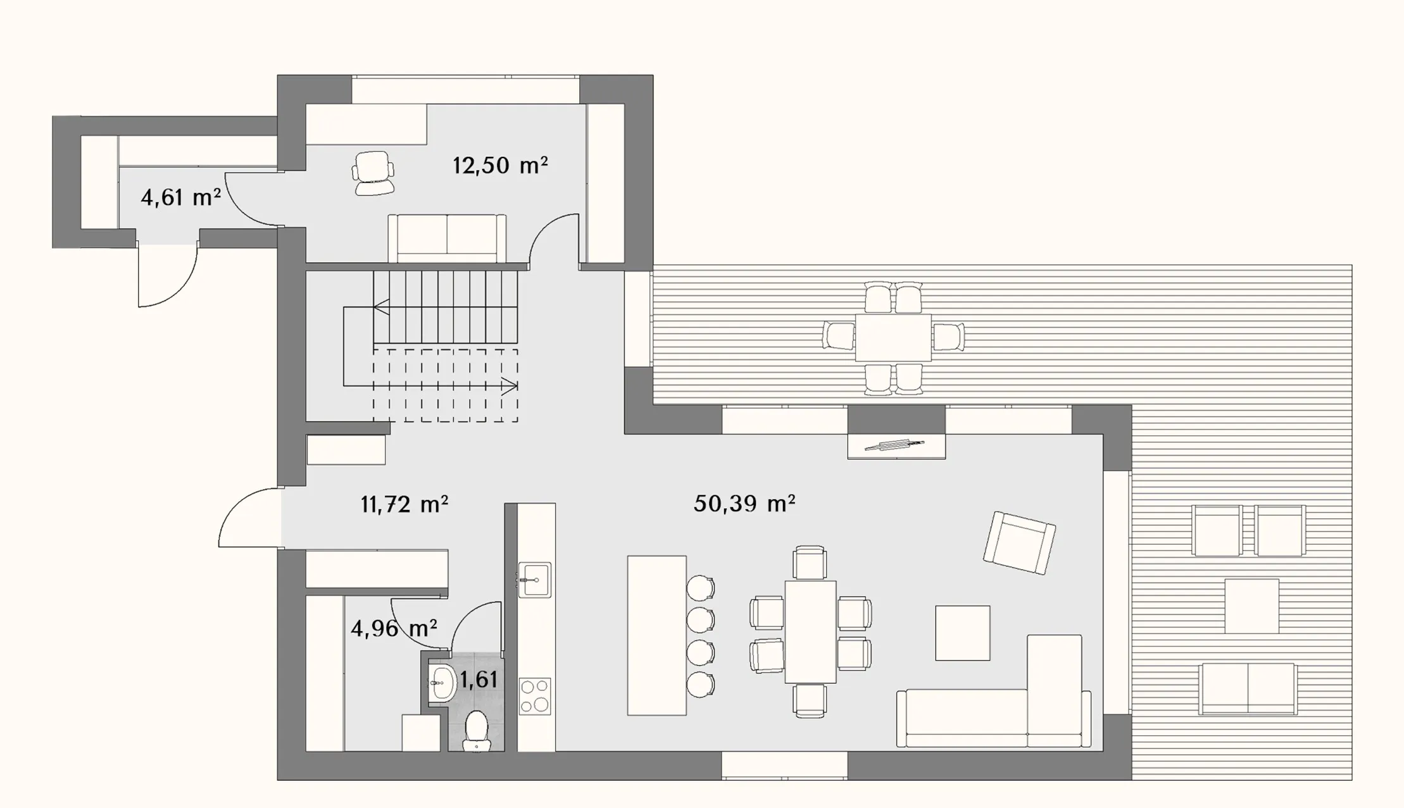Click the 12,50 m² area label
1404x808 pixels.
(x=500, y=166)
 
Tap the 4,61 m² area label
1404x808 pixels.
(x=180, y=198)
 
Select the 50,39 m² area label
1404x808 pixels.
(x=744, y=504)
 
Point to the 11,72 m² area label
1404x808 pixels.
(x=404, y=505)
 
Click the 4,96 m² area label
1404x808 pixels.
(x=394, y=629)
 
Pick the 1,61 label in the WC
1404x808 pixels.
(x=479, y=680)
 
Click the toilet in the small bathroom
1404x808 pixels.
(x=476, y=731)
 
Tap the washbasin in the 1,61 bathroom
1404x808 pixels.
(x=442, y=683)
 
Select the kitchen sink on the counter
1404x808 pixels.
(x=535, y=580)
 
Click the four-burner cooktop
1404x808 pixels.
(x=535, y=697)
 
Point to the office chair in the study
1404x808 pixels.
(x=373, y=173)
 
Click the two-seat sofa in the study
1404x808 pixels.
(x=447, y=238)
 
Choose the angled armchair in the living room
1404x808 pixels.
(x=1019, y=542)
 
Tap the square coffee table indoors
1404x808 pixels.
(x=963, y=633)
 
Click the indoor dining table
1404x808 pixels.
(x=810, y=631)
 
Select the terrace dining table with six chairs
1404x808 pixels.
(x=893, y=338)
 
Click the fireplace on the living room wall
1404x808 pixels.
(x=896, y=445)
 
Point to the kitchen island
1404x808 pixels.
(x=657, y=635)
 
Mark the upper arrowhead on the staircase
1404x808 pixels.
(x=380, y=308)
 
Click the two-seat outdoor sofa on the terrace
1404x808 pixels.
(x=1248, y=688)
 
